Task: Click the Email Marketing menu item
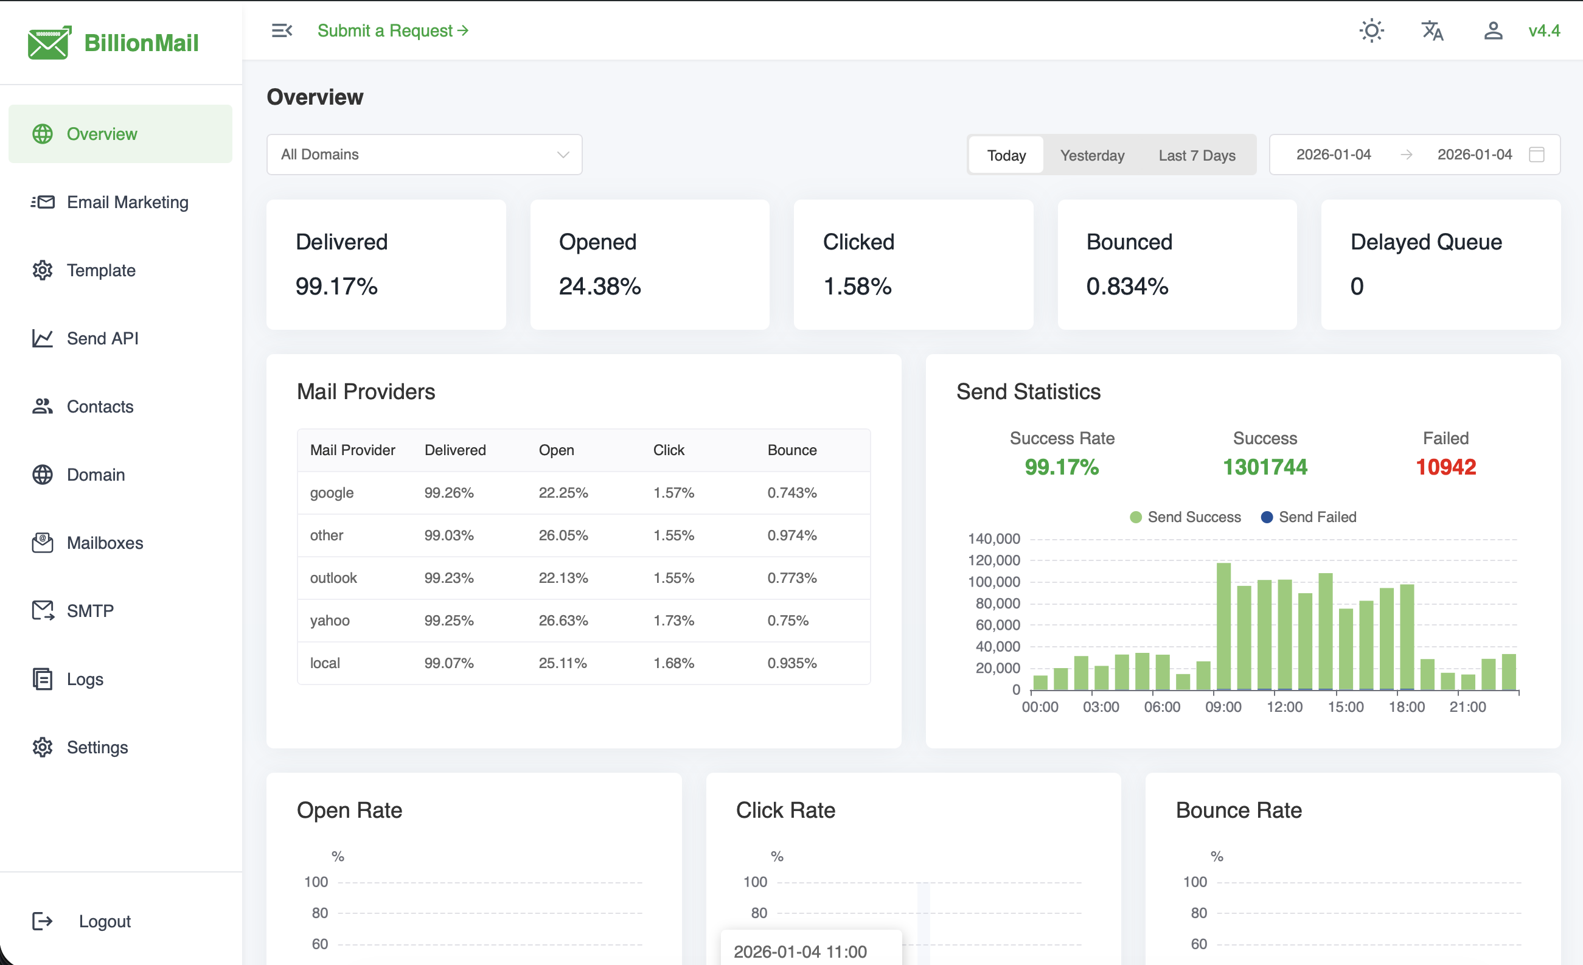coord(127,203)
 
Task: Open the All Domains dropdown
coord(424,154)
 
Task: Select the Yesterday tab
coord(1091,156)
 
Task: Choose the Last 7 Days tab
coord(1196,156)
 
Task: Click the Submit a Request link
coord(392,31)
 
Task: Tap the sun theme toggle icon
coord(1371,31)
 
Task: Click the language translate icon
coord(1432,31)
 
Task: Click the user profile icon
coord(1492,31)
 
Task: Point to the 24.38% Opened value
coord(599,287)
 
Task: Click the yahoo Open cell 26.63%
coord(563,621)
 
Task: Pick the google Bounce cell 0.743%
coord(792,493)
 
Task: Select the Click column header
coord(668,450)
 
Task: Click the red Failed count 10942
coord(1446,467)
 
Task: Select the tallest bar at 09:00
coord(1223,627)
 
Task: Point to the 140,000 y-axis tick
coord(993,539)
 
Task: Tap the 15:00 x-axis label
coord(1345,708)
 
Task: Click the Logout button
coord(104,921)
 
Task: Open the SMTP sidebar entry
coord(90,611)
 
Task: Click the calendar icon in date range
coord(1536,154)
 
